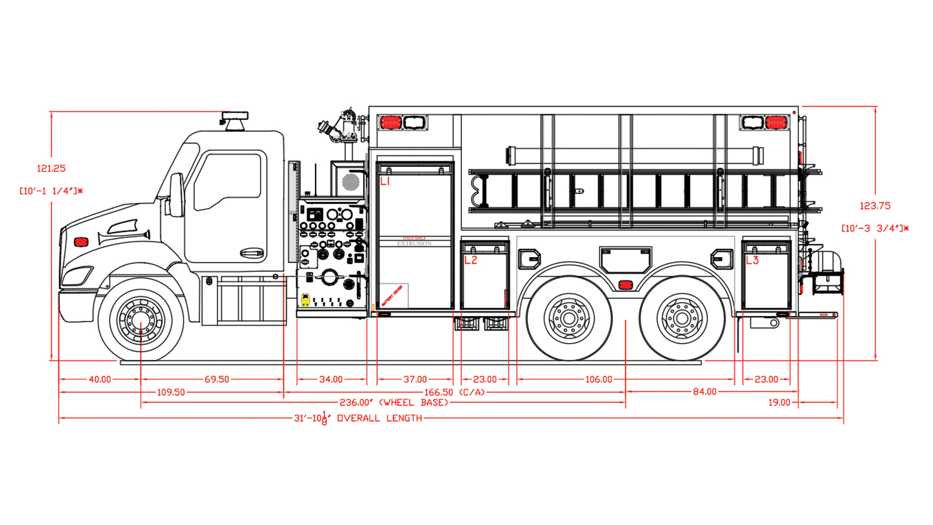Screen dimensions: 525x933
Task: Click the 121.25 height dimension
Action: point(51,169)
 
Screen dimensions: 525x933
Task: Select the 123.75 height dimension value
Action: point(875,206)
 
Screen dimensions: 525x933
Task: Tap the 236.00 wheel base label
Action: point(394,402)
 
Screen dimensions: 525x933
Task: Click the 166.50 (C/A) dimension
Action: point(455,393)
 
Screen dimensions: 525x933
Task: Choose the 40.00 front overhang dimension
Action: point(100,379)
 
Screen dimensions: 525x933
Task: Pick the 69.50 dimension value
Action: point(216,379)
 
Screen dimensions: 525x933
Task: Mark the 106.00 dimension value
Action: point(598,379)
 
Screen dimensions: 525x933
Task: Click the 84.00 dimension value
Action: point(704,392)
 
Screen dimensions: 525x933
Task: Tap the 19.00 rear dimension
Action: point(779,402)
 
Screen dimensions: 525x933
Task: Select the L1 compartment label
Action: point(385,182)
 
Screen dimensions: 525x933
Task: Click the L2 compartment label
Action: point(471,260)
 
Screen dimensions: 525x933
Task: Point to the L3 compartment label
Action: point(752,260)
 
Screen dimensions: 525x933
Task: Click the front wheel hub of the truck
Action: point(141,320)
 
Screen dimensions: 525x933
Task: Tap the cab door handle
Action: point(251,253)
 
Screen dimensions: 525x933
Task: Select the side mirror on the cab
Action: point(177,195)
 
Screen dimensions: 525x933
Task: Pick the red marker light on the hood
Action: point(81,242)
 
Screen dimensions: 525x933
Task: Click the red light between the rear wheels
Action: point(625,285)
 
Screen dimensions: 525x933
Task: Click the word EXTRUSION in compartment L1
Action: point(415,244)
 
